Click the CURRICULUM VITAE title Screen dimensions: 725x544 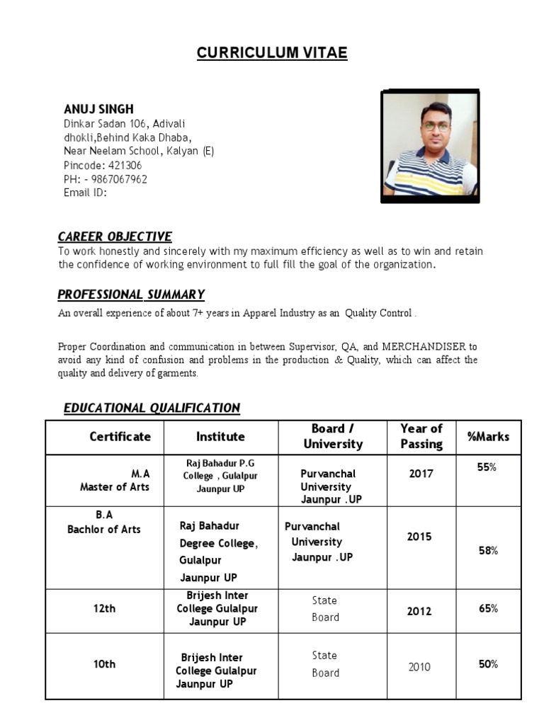272,54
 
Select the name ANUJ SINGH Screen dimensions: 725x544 98,109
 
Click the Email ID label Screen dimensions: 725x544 85,192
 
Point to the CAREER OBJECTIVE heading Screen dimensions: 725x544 115,236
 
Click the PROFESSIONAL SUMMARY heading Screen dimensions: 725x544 131,294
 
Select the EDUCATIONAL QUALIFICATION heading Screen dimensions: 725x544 152,408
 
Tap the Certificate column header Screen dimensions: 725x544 120,437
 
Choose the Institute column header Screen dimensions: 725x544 220,437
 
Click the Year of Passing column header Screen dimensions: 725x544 421,437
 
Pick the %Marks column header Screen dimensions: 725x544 488,437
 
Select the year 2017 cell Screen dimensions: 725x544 421,474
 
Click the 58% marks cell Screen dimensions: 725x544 488,551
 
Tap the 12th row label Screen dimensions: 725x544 104,608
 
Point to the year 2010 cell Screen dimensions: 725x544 419,667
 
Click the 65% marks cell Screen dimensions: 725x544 488,608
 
